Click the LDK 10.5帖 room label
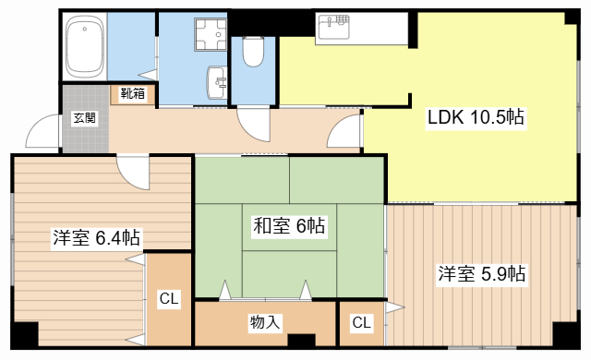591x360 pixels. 476,117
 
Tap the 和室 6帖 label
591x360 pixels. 288,224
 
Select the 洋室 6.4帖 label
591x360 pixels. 96,238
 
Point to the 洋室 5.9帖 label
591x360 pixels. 481,273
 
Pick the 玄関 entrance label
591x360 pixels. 84,116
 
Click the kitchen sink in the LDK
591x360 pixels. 334,29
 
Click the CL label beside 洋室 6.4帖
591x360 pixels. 169,299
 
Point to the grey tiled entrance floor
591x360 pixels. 84,129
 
